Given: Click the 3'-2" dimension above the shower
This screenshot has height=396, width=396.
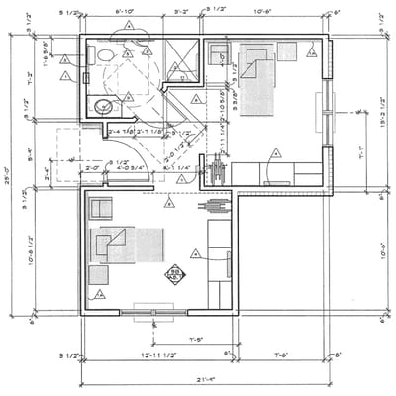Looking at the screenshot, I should (182, 11).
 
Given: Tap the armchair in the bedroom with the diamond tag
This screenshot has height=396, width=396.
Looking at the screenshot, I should (101, 208).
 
